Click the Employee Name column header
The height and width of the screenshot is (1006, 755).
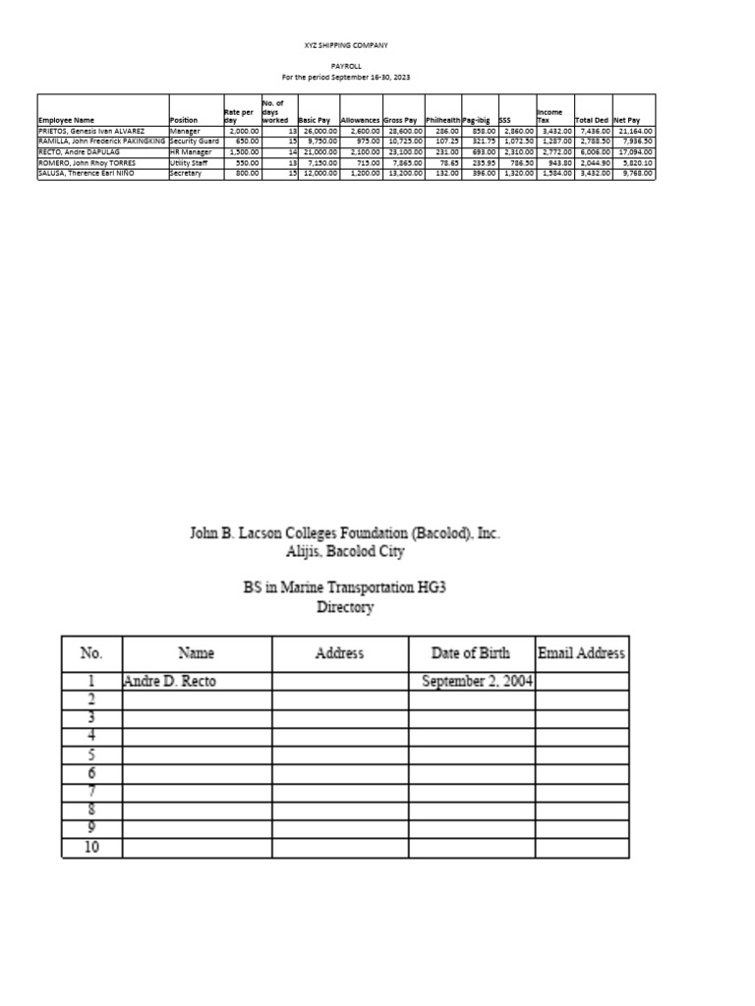coord(65,120)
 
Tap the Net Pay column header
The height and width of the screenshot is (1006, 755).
coord(626,120)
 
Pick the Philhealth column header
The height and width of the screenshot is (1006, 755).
coord(442,120)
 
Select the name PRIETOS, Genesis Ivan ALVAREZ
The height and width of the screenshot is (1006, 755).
coord(91,131)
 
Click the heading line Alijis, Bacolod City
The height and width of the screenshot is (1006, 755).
coord(345,552)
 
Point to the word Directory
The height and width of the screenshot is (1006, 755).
coord(345,607)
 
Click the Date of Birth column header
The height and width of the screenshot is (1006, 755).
coord(471,653)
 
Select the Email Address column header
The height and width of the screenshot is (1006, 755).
coord(581,653)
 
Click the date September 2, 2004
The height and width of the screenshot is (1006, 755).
coord(477,681)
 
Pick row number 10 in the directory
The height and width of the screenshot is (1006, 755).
coord(91,847)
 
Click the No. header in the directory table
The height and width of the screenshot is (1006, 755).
coord(91,653)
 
